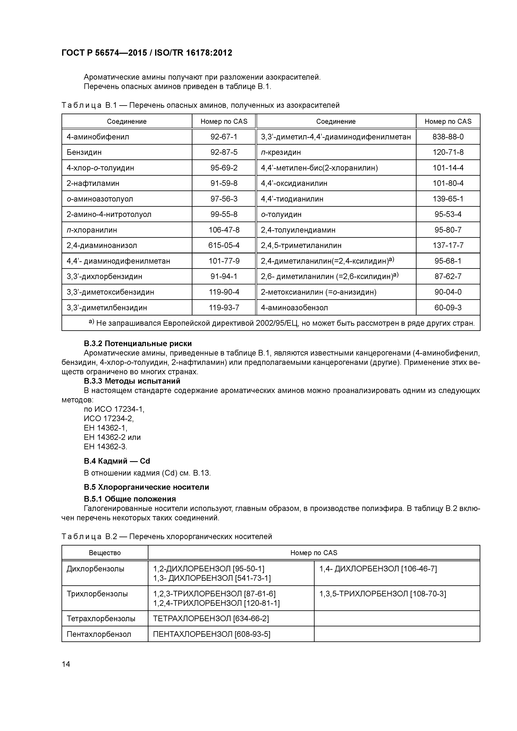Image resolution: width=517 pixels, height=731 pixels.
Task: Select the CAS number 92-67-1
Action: [224, 137]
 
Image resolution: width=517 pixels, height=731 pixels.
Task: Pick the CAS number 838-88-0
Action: [448, 137]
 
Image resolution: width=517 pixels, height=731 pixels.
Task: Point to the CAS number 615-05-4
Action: [224, 245]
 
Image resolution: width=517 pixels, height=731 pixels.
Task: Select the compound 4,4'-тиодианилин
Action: [292, 199]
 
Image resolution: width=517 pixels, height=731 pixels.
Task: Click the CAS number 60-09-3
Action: [448, 308]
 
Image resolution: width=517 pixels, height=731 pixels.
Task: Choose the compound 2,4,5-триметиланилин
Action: [301, 245]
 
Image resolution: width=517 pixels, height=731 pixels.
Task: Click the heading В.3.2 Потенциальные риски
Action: [138, 344]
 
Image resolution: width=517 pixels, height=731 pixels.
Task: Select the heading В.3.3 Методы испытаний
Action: [132, 381]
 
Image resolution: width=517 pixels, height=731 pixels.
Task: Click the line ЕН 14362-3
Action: [105, 447]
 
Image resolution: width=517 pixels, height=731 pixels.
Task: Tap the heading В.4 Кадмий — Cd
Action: [117, 461]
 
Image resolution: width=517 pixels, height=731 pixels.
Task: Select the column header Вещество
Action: [105, 553]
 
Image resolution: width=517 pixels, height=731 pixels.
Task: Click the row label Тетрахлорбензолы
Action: [101, 619]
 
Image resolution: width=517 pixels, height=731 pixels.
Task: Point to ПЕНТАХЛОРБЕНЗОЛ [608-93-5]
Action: [212, 634]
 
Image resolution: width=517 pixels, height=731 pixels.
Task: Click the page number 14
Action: [66, 664]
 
